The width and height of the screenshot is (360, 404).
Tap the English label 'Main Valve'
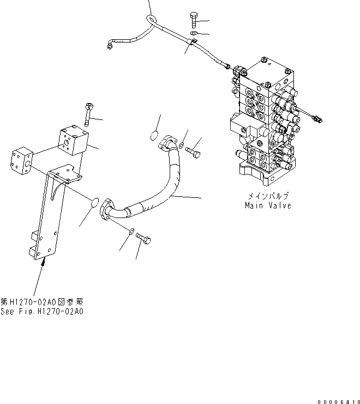[x=268, y=206]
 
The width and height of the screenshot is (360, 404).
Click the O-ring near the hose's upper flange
[x=154, y=137]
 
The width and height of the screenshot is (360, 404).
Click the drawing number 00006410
[x=335, y=399]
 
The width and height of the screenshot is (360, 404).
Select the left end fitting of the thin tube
[x=111, y=47]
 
